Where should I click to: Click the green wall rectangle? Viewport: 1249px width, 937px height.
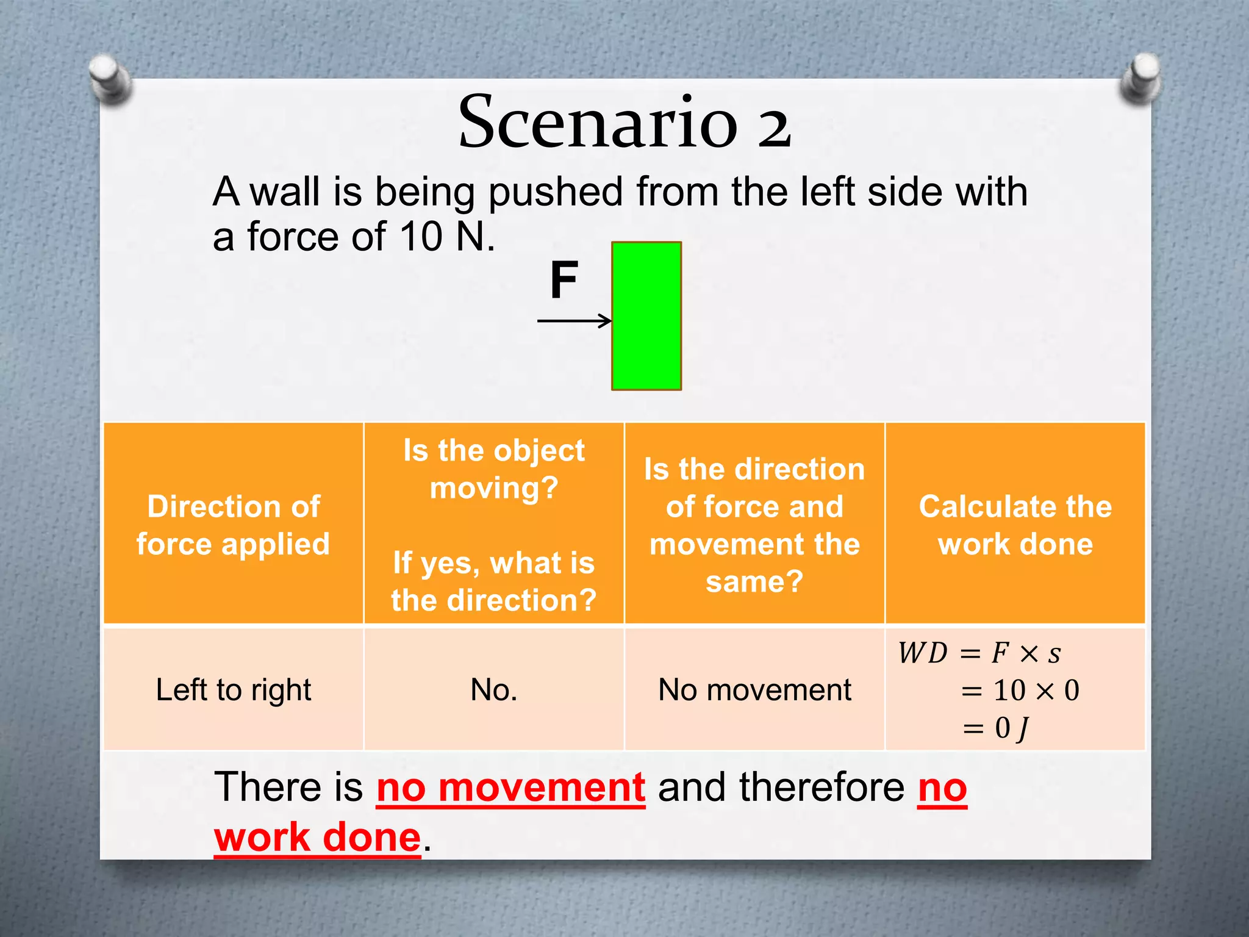pyautogui.click(x=646, y=315)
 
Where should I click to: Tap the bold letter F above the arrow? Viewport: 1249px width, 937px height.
pyautogui.click(x=564, y=280)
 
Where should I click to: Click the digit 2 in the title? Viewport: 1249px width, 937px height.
pyautogui.click(x=774, y=126)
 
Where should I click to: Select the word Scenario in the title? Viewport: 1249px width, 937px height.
pyautogui.click(x=598, y=122)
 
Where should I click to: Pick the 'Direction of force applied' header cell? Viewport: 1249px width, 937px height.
pyautogui.click(x=234, y=525)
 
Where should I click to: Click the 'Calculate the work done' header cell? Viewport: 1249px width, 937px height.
pyautogui.click(x=1015, y=525)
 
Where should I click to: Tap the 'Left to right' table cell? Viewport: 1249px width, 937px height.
pyautogui.click(x=234, y=690)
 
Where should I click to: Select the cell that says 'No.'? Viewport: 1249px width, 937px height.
pyautogui.click(x=494, y=690)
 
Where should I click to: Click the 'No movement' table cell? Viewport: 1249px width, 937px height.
pyautogui.click(x=754, y=690)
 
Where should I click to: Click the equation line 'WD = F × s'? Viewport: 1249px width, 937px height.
pyautogui.click(x=979, y=653)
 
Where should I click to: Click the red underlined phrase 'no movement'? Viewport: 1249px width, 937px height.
pyautogui.click(x=510, y=788)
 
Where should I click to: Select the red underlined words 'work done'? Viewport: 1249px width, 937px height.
pyautogui.click(x=317, y=837)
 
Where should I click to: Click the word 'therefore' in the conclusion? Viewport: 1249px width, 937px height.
pyautogui.click(x=821, y=787)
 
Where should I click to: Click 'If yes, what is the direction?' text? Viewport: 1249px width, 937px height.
pyautogui.click(x=494, y=581)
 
